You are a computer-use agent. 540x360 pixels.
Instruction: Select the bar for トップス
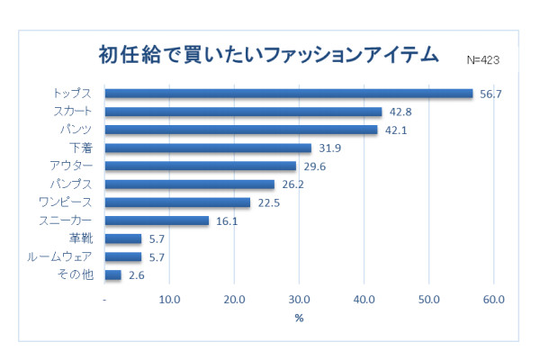pos(289,94)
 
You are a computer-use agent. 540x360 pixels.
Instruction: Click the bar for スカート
pos(243,112)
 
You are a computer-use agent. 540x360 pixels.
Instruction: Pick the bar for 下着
pos(208,148)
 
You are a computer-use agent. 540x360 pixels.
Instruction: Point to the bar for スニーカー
pos(157,220)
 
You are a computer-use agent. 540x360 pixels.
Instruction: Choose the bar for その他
pos(113,274)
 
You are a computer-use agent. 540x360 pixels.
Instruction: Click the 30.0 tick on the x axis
pos(299,300)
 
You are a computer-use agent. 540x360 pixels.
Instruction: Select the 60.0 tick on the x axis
pos(493,300)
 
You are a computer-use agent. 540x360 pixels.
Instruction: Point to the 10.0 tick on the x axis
pos(169,300)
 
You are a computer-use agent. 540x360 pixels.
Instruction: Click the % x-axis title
pos(299,318)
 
